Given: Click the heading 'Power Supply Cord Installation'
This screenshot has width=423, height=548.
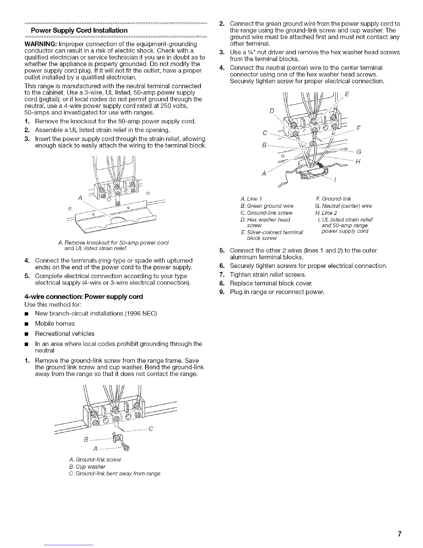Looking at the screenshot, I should coord(79,30).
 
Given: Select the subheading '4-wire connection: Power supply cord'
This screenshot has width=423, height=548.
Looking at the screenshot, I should coord(84,296).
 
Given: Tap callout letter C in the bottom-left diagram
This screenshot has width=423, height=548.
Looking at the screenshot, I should coord(150,430).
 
